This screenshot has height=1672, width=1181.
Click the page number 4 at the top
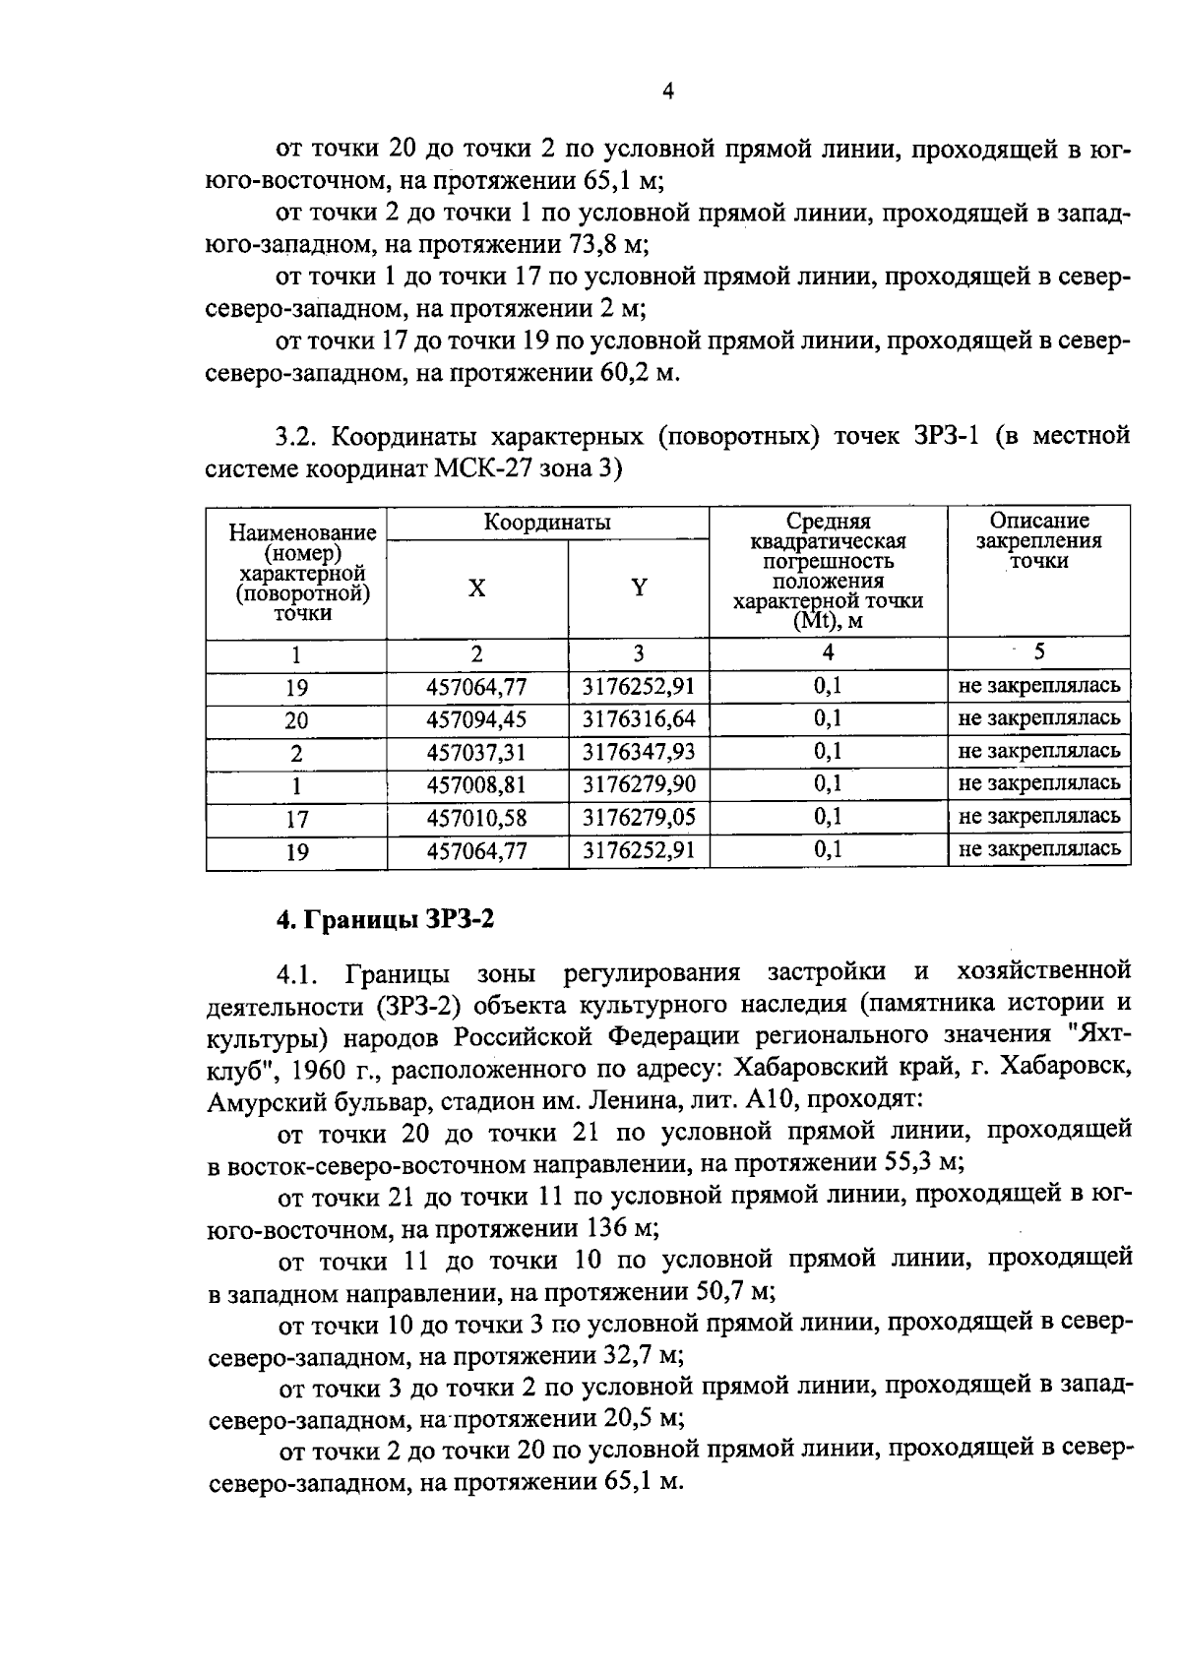[x=668, y=92]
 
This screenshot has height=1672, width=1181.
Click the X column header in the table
[x=476, y=588]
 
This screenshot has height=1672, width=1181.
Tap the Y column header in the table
[x=639, y=588]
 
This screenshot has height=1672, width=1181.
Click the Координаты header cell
[x=547, y=522]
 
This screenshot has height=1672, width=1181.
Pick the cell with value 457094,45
[x=476, y=719]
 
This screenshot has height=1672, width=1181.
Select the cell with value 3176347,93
[x=639, y=752]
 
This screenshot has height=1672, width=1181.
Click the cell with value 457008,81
[x=476, y=784]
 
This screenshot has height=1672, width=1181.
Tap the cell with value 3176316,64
[x=639, y=719]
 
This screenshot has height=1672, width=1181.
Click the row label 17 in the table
[x=296, y=819]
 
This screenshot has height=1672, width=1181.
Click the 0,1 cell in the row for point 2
[x=828, y=752]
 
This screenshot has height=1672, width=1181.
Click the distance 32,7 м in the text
[x=641, y=1356]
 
